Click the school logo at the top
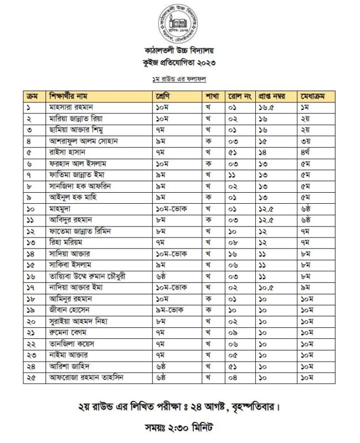[179, 22]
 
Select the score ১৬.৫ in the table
[267, 107]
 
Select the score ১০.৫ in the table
[267, 288]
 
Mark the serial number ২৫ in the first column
[29, 378]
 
